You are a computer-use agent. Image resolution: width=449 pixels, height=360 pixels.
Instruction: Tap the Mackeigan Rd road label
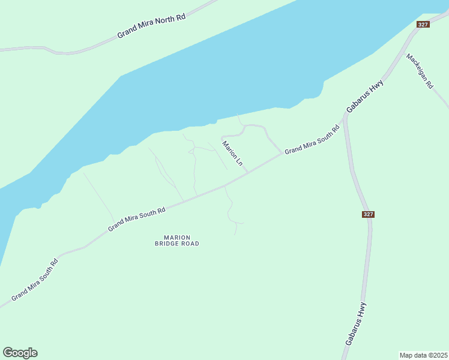(419, 71)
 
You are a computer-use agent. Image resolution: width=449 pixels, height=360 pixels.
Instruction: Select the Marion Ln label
(232, 154)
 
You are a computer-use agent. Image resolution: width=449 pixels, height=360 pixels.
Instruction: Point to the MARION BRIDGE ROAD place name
(176, 241)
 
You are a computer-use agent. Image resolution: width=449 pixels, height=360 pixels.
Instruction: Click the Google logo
(20, 353)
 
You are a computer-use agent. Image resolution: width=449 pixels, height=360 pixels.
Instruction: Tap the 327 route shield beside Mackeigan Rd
(423, 24)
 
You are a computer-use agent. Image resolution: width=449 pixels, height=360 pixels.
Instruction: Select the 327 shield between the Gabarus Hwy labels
(369, 214)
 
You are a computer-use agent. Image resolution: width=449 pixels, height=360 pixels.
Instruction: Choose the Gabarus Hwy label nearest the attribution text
(356, 323)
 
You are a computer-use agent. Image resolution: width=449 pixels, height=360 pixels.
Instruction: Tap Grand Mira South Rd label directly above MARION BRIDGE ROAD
(136, 220)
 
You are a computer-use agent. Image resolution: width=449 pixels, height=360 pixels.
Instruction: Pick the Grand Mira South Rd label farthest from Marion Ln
(35, 280)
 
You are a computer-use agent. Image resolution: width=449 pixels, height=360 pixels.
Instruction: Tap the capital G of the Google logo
(8, 352)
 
